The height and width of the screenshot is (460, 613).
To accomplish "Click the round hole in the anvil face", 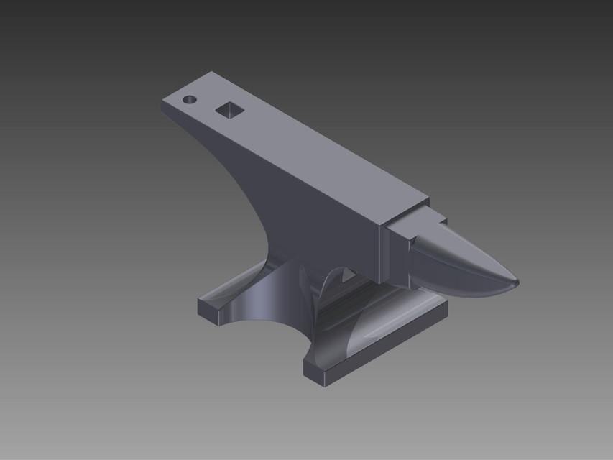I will click(190, 99).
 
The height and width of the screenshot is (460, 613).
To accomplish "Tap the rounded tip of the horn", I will click(515, 282).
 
